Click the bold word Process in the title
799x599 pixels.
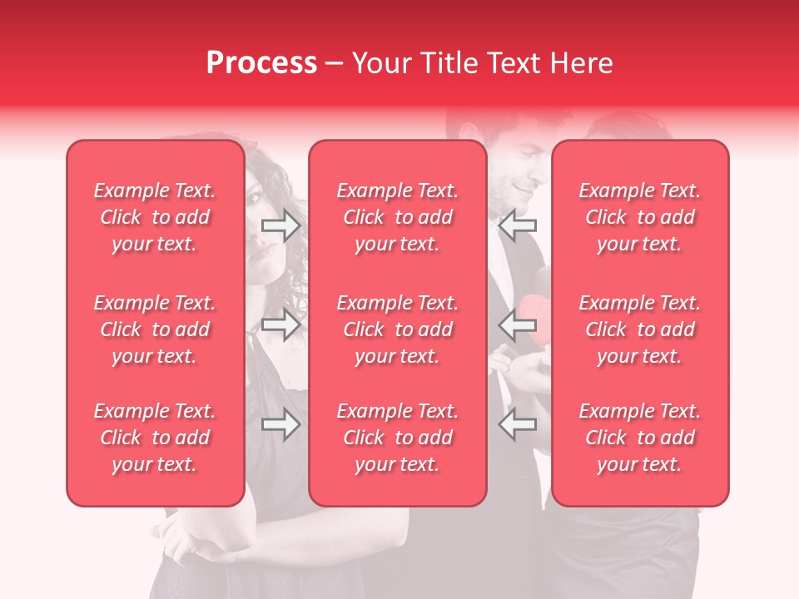coord(261,63)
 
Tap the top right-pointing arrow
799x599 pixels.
coord(280,225)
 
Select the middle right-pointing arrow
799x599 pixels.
coord(280,324)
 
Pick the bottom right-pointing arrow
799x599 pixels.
coord(280,426)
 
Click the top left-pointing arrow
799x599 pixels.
coord(518,225)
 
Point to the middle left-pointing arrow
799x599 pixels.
coord(518,324)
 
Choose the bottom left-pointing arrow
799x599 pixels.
coord(518,426)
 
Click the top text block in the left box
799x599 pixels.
coord(155,217)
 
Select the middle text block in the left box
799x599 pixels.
coord(155,329)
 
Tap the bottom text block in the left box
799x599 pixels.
coord(155,438)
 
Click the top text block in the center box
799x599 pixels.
coord(398,217)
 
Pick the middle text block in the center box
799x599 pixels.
coord(398,329)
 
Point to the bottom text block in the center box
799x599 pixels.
coord(398,438)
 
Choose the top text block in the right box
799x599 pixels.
coord(640,217)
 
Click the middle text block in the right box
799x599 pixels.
coord(640,329)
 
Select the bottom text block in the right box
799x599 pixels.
coord(640,438)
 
